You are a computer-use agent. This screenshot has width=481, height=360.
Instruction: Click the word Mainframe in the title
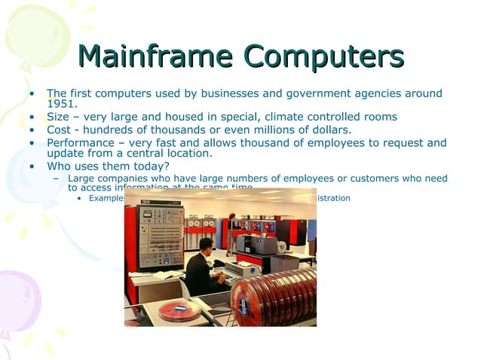(x=157, y=56)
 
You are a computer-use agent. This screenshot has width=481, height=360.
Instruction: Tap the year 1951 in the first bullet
(x=62, y=104)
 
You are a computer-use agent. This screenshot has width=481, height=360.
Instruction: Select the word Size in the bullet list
(x=58, y=117)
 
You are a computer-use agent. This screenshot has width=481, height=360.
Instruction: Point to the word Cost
(x=60, y=129)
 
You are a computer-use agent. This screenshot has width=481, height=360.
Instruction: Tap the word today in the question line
(x=149, y=166)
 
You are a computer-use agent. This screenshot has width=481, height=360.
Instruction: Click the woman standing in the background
(x=231, y=230)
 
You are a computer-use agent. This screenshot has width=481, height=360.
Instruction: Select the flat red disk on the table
(x=179, y=309)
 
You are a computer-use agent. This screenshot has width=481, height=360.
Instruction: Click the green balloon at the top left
(x=34, y=34)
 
